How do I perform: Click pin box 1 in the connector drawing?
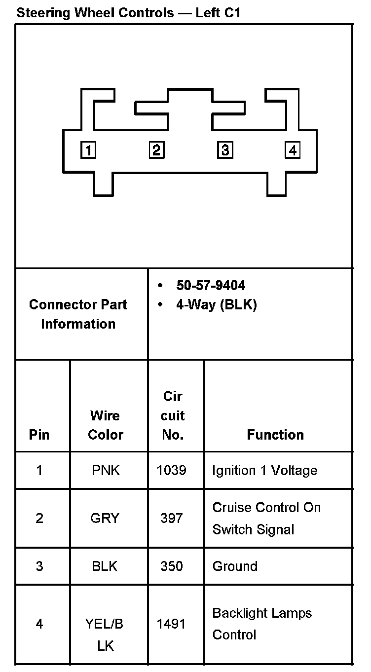click(88, 150)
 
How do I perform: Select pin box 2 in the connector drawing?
click(156, 150)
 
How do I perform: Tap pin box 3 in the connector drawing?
click(225, 150)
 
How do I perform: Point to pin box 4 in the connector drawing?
click(293, 150)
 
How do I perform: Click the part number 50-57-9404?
click(211, 286)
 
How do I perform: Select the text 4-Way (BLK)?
click(217, 305)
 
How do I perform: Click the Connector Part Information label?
click(78, 314)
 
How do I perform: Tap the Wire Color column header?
click(105, 425)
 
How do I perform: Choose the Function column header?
click(275, 435)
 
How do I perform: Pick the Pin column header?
click(39, 435)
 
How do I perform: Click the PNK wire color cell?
click(106, 470)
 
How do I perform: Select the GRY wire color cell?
click(105, 518)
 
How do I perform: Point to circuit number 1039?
click(171, 470)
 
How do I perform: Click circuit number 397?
click(171, 518)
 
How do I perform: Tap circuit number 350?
click(171, 566)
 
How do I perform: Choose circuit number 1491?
click(171, 624)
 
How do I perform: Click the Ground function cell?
click(235, 566)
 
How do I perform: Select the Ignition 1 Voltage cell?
click(264, 470)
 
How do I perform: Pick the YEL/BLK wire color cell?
click(105, 634)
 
